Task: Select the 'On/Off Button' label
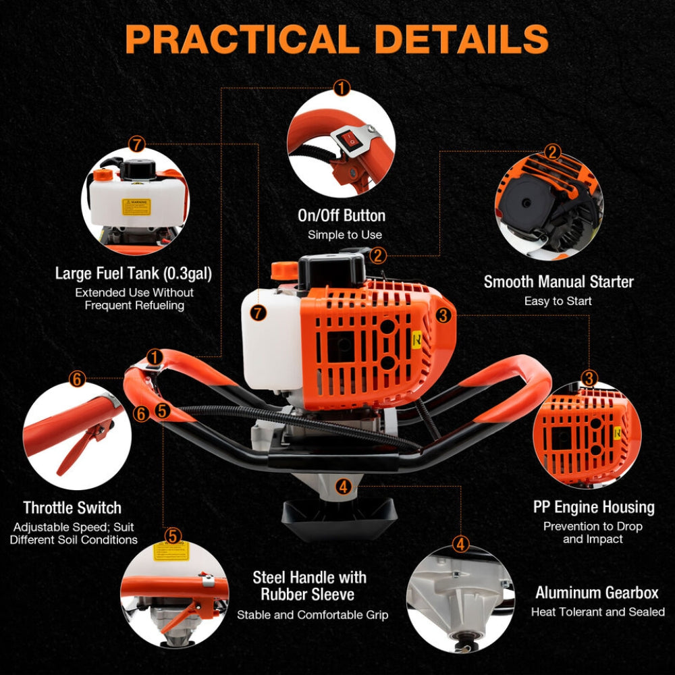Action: coord(342,216)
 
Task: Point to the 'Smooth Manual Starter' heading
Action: coord(558,281)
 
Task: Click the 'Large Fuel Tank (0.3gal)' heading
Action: coord(134,274)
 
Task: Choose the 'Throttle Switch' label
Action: coord(72,508)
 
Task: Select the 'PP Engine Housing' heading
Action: coord(593,507)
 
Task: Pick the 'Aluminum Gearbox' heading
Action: coord(597,593)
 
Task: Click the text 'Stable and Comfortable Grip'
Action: coord(313,615)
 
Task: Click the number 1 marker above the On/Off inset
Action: coord(342,88)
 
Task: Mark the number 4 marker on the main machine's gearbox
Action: coord(343,486)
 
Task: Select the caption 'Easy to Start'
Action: coord(558,301)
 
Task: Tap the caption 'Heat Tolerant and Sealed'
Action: coord(597,612)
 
